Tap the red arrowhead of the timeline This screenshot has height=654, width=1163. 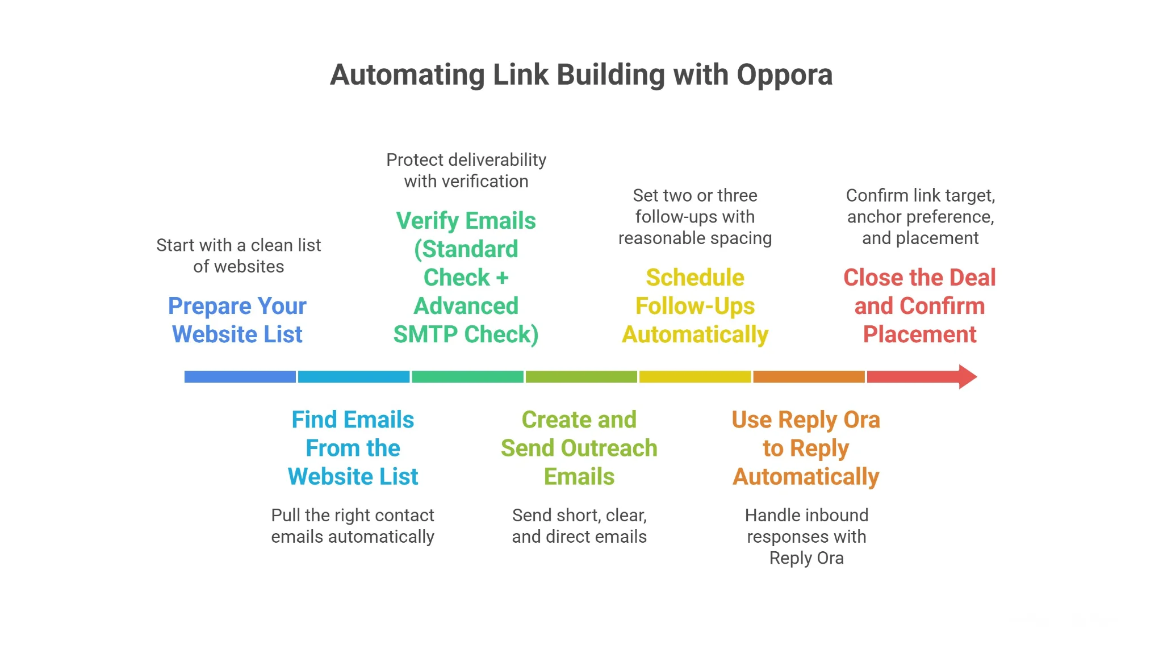(967, 376)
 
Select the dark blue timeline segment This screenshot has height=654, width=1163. (240, 376)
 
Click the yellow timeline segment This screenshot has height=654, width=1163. (695, 376)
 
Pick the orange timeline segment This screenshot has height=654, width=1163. (809, 376)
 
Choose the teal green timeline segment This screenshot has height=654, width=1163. (467, 376)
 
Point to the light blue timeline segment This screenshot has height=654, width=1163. (353, 376)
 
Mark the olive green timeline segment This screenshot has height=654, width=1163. (581, 376)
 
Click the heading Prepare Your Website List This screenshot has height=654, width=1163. (237, 320)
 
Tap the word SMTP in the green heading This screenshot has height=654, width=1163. (425, 334)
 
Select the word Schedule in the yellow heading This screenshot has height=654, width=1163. (695, 278)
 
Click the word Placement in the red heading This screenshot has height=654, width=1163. (919, 334)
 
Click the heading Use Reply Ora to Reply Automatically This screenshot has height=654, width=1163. (806, 448)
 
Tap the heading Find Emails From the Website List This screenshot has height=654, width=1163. (353, 448)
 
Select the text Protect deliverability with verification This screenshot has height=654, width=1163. (466, 170)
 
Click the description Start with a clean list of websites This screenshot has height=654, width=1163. (239, 255)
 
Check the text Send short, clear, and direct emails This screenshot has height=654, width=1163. (579, 526)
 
